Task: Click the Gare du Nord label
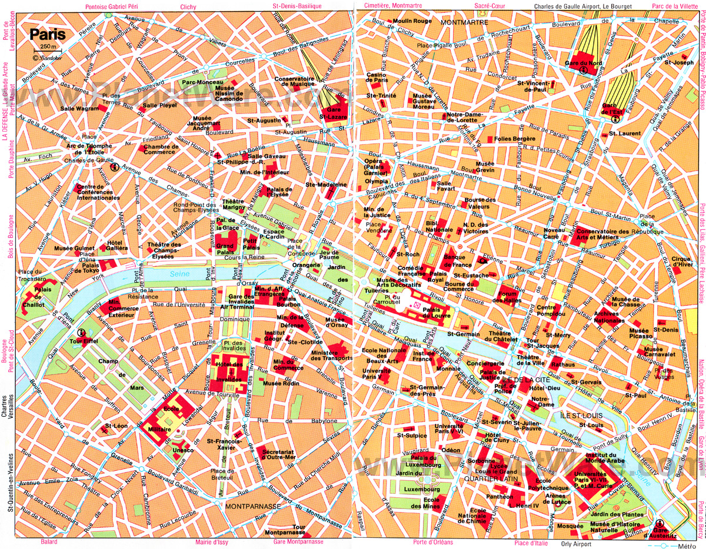(x=583, y=63)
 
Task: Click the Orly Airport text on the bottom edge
(x=574, y=543)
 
